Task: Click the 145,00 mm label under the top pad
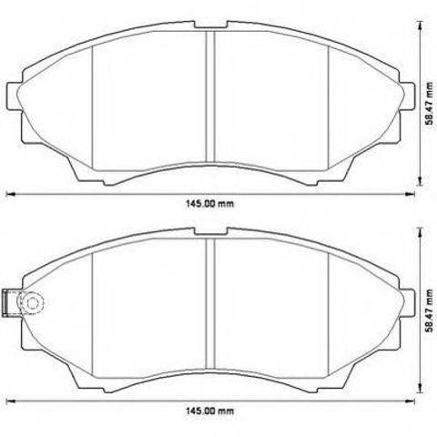[210, 204]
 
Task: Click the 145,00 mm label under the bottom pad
[210, 412]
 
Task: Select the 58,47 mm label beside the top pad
[430, 104]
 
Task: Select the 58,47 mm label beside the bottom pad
[430, 311]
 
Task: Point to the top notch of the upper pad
[210, 25]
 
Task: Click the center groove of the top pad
[210, 97]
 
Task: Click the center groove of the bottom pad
[210, 304]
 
